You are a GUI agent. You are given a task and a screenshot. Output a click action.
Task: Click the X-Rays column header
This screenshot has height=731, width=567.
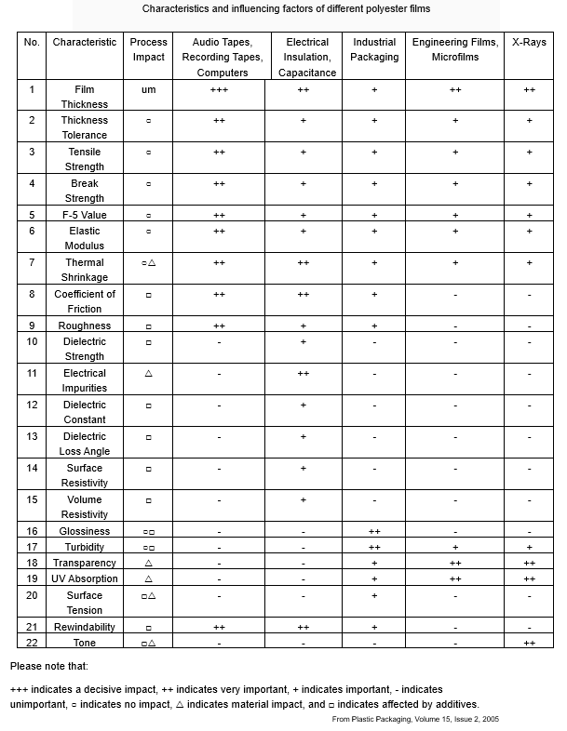[529, 42]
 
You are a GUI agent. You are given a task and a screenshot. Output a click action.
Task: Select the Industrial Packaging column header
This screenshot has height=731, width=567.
[374, 49]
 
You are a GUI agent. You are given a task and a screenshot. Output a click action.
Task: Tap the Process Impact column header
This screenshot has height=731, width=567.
[149, 49]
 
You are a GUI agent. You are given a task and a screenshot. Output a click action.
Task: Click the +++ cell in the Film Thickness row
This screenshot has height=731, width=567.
[219, 89]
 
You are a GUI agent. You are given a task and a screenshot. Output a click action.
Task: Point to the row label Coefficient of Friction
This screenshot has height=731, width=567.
[85, 301]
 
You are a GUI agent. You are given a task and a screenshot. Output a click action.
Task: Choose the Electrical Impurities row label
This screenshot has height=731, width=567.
[85, 380]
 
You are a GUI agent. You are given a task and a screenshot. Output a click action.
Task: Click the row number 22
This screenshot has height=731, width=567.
[32, 642]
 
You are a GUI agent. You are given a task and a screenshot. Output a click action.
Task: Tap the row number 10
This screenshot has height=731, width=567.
[32, 341]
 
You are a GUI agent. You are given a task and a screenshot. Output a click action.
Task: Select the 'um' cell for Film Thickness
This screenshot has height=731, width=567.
[149, 89]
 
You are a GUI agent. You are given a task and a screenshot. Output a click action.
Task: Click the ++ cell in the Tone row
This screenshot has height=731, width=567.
[529, 643]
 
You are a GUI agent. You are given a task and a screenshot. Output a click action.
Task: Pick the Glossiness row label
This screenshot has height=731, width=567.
[85, 531]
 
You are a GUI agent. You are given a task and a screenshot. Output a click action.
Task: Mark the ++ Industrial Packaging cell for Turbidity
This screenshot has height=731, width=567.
[374, 547]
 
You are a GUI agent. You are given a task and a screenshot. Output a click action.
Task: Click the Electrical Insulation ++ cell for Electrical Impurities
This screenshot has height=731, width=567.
[304, 373]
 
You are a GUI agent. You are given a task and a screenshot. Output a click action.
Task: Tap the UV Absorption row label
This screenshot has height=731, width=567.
[85, 578]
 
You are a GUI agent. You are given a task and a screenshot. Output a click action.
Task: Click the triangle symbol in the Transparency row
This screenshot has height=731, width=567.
[149, 563]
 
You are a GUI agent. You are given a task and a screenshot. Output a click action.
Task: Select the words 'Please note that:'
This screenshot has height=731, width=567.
[49, 666]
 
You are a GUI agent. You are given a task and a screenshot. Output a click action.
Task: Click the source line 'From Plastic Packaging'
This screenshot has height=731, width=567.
[415, 719]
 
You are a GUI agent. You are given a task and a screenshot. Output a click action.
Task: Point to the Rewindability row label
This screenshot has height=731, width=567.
[85, 627]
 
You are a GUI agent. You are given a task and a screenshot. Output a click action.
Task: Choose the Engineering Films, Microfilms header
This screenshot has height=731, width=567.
[455, 49]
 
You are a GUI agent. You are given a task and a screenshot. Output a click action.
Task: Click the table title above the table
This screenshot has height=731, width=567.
[286, 8]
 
